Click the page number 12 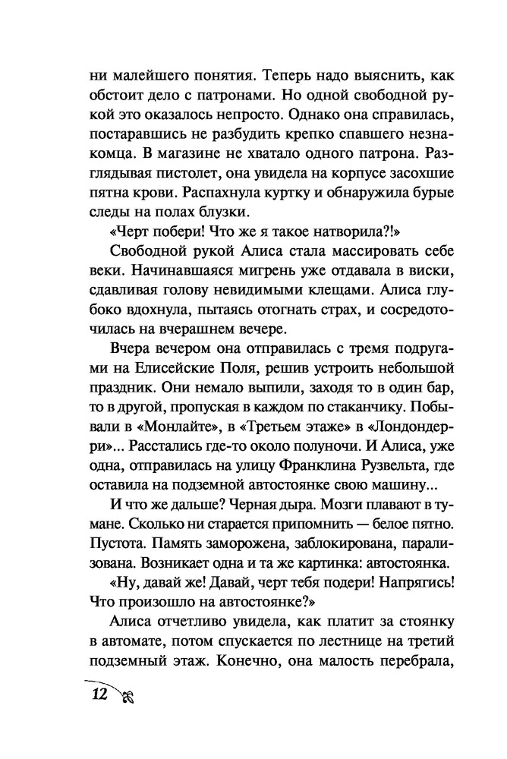[98, 693]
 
